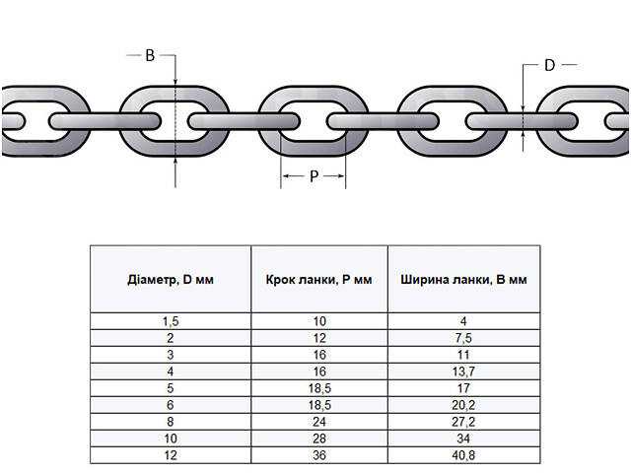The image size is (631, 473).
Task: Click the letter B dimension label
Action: [x=150, y=56]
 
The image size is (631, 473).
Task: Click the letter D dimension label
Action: [x=550, y=65]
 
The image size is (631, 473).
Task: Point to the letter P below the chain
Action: [x=314, y=176]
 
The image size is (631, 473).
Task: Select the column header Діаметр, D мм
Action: [x=171, y=279]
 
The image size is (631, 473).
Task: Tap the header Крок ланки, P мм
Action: [x=318, y=279]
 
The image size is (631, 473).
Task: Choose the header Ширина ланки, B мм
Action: [x=463, y=279]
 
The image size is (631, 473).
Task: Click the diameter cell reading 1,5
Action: [x=171, y=321]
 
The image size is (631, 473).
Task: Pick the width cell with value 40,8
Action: [x=463, y=455]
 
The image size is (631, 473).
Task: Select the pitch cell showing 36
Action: [x=318, y=455]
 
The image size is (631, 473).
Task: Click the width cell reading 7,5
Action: [x=463, y=338]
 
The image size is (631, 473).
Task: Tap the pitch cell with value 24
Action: [x=318, y=422]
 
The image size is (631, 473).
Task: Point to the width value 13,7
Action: [x=463, y=372]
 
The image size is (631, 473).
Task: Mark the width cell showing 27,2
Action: [x=463, y=422]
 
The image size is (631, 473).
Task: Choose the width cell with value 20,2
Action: [x=463, y=405]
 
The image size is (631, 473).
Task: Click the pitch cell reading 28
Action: [x=318, y=439]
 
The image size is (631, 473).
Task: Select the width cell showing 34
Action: [x=463, y=439]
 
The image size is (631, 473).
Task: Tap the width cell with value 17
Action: [x=463, y=388]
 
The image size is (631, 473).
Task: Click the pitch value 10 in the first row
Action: [x=318, y=321]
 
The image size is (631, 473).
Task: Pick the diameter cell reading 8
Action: [x=171, y=422]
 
